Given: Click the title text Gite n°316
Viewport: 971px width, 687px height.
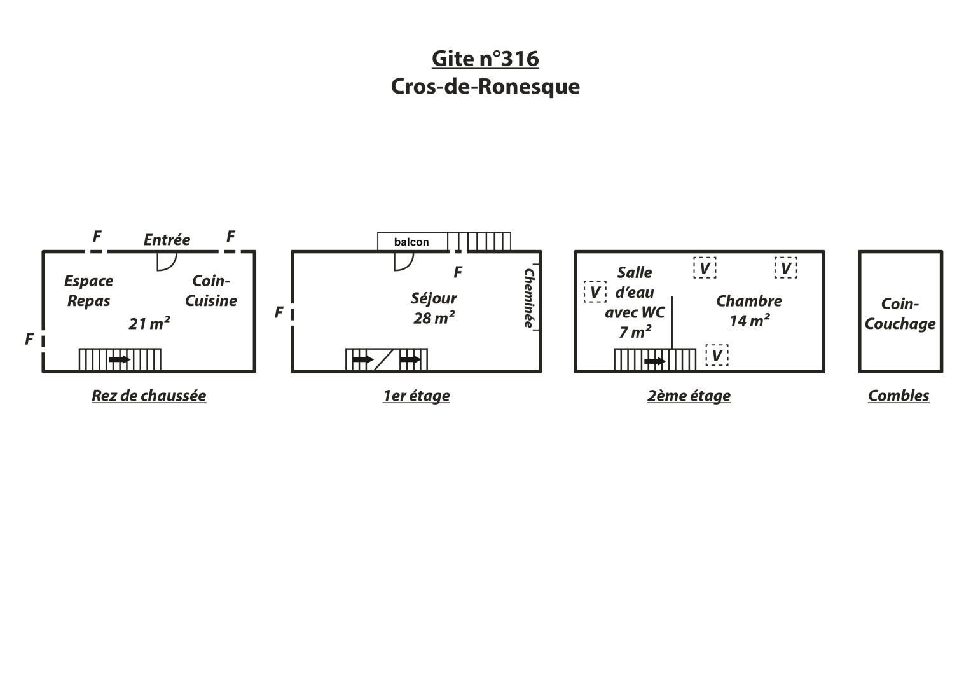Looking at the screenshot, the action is (x=485, y=59).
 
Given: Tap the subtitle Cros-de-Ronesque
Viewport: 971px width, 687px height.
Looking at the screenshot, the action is (x=485, y=87).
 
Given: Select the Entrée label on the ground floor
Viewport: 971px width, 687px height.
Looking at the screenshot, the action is (x=167, y=239).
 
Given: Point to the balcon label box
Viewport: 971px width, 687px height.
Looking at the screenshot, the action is (x=412, y=242).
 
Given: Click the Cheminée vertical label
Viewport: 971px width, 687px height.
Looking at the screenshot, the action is (x=528, y=298).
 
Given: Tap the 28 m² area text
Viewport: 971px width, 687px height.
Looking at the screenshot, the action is (x=434, y=318).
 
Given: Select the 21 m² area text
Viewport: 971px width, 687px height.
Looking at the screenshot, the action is (x=149, y=324).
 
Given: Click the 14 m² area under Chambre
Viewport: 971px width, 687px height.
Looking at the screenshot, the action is (x=750, y=321).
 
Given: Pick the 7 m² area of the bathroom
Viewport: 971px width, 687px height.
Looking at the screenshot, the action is (x=635, y=332).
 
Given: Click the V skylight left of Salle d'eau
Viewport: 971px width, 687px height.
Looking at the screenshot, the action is (x=595, y=292).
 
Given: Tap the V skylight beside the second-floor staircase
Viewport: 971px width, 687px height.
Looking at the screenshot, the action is (x=717, y=355).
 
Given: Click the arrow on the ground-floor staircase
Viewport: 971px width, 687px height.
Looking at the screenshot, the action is (x=120, y=359).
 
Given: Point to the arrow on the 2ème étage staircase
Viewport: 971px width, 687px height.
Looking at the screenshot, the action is (x=654, y=361).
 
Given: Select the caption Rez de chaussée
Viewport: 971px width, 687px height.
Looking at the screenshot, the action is (x=149, y=396).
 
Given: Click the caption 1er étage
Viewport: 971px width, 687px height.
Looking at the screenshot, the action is (x=416, y=396).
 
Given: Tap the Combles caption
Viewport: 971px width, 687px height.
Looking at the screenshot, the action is (x=899, y=396).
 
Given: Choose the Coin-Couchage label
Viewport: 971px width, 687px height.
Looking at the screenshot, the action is (x=900, y=314).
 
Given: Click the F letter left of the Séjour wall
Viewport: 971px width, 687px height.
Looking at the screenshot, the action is (x=279, y=312).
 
